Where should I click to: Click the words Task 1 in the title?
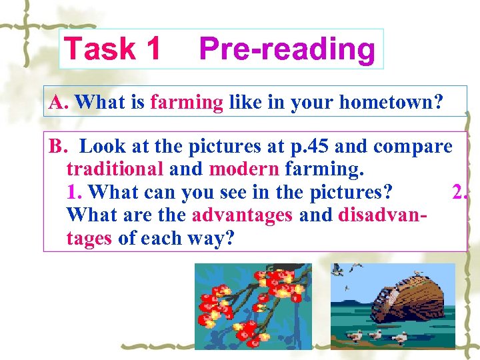[112, 49]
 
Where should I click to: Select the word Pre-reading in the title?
[287, 49]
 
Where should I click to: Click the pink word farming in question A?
[187, 103]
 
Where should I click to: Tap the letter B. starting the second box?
[59, 147]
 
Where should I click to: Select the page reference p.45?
[308, 147]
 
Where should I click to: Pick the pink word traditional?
[115, 169]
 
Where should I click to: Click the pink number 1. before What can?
[75, 193]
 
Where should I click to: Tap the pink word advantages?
[242, 215]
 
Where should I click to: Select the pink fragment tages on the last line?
[89, 238]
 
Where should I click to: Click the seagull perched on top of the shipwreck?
[418, 273]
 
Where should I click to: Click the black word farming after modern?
[324, 169]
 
